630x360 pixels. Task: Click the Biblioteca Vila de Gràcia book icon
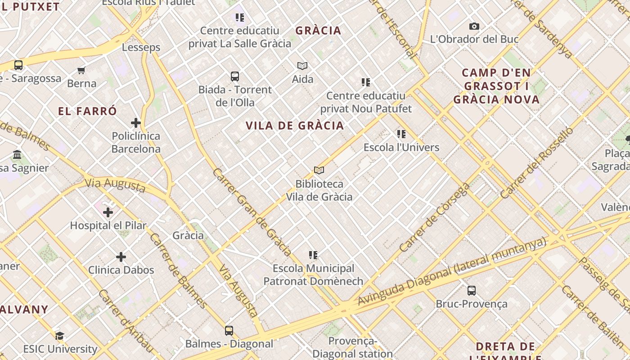pyautogui.click(x=319, y=171)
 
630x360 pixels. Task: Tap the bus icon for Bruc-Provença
pyautogui.click(x=472, y=291)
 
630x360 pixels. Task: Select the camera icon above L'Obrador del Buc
pyautogui.click(x=474, y=27)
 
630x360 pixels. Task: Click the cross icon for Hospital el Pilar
pyautogui.click(x=108, y=212)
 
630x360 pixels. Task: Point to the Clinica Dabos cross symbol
pyautogui.click(x=121, y=257)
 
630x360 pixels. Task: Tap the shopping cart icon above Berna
pyautogui.click(x=81, y=70)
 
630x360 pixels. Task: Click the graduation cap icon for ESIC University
pyautogui.click(x=59, y=336)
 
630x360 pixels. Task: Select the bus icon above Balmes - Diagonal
pyautogui.click(x=229, y=331)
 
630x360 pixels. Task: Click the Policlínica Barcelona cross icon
pyautogui.click(x=136, y=123)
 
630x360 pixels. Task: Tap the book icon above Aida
pyautogui.click(x=302, y=66)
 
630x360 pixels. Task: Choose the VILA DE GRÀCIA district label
pyautogui.click(x=295, y=126)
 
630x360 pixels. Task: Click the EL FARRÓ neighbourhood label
pyautogui.click(x=87, y=111)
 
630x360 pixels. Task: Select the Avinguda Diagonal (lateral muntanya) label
pyautogui.click(x=452, y=271)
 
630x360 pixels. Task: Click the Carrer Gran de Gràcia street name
pyautogui.click(x=252, y=212)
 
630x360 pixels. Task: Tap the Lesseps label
pyautogui.click(x=141, y=47)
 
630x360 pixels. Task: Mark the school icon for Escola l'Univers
pyautogui.click(x=401, y=134)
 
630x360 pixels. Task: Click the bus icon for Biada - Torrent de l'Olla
pyautogui.click(x=235, y=76)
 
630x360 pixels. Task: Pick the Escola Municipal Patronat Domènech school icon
pyautogui.click(x=313, y=256)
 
